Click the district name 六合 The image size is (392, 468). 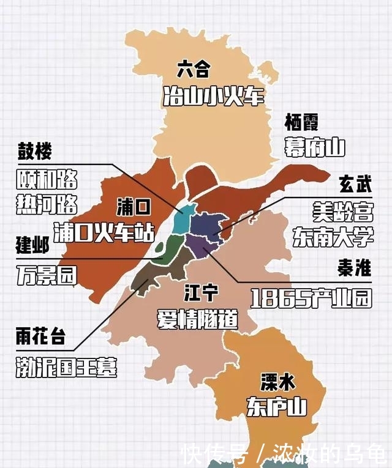click(193, 70)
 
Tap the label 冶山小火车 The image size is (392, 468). click(213, 96)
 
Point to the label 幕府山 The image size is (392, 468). click(315, 147)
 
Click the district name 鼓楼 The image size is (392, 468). click(34, 151)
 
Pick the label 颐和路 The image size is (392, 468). click(47, 179)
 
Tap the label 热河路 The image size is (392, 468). click(47, 204)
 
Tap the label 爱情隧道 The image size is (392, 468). click(197, 319)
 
